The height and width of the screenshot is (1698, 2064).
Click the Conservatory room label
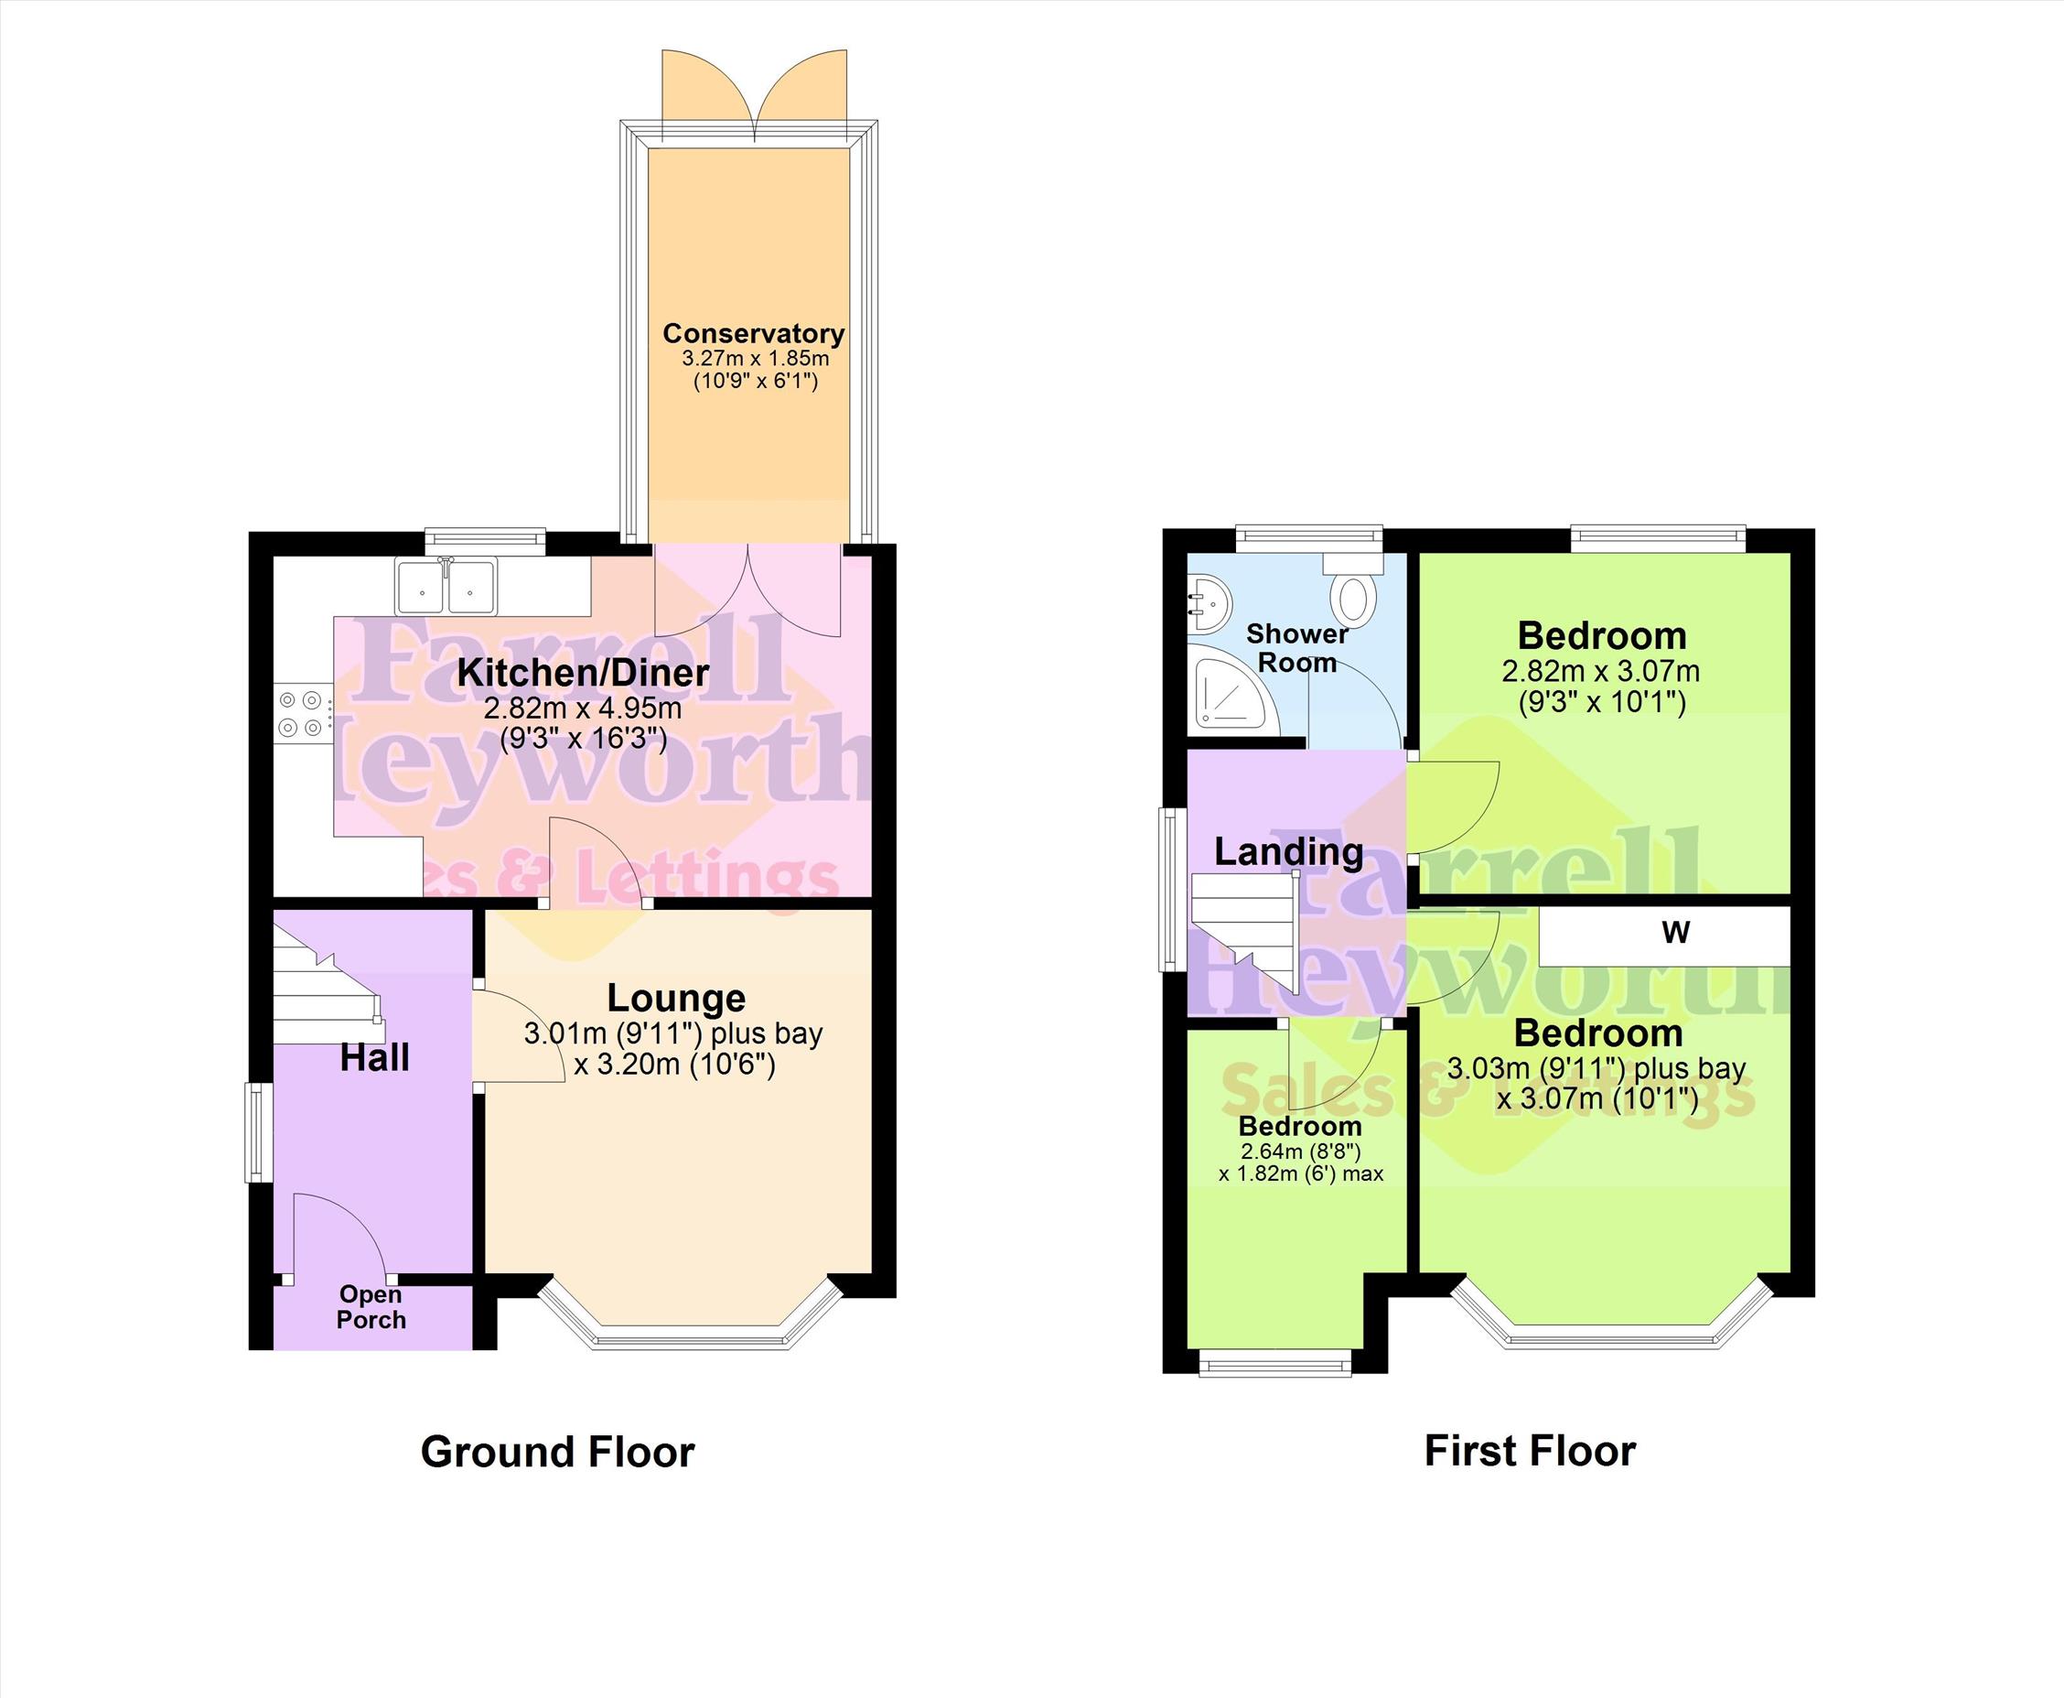click(x=754, y=333)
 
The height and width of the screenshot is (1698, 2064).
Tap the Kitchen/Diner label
click(x=584, y=673)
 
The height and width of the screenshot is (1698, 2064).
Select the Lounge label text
click(x=677, y=998)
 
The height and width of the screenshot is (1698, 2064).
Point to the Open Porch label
click(x=371, y=1307)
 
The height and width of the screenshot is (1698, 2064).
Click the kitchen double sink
click(x=446, y=585)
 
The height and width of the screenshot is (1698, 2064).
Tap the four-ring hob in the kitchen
click(x=301, y=713)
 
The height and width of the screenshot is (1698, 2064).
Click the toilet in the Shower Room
click(x=1354, y=588)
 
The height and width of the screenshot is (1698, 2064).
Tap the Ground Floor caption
click(x=557, y=1453)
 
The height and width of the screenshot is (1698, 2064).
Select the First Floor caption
click(x=1530, y=1452)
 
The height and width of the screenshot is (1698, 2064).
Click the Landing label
click(x=1289, y=852)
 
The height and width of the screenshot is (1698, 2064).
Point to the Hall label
click(x=374, y=1058)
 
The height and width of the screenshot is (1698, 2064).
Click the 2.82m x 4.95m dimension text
click(x=584, y=708)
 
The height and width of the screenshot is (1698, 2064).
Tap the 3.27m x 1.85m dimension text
click(x=755, y=358)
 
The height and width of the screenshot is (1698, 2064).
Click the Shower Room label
click(x=1297, y=647)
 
